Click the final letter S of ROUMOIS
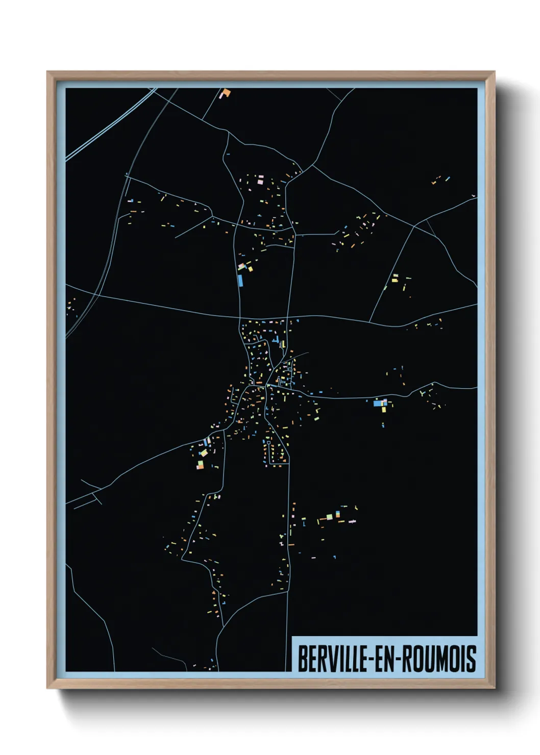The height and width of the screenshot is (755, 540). click(x=472, y=659)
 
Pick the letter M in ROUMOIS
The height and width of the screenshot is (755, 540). click(x=441, y=659)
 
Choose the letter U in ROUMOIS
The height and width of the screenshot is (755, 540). click(x=429, y=659)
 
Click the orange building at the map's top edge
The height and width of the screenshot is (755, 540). click(x=225, y=93)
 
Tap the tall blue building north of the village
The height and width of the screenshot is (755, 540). click(x=240, y=280)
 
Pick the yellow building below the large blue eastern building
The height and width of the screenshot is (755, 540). click(x=384, y=409)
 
